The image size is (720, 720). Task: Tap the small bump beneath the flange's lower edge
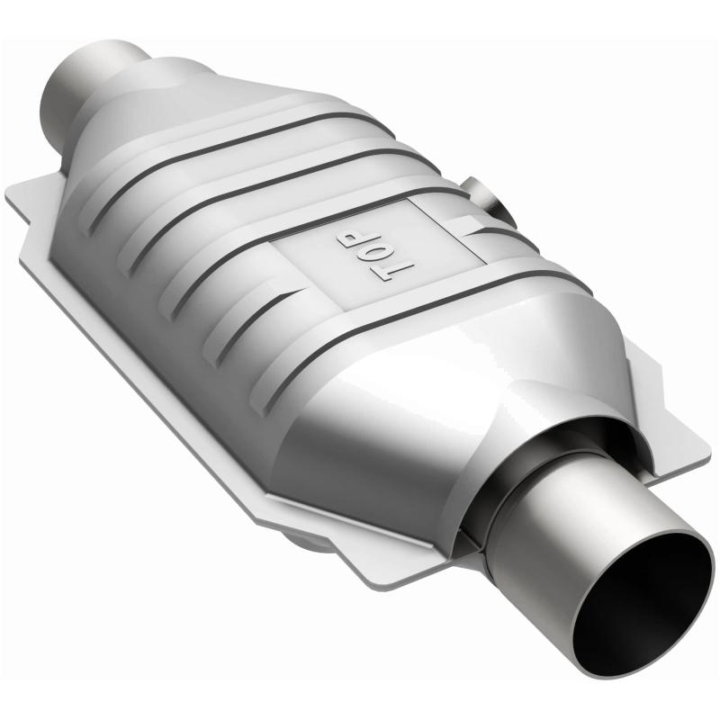click(x=310, y=544)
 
